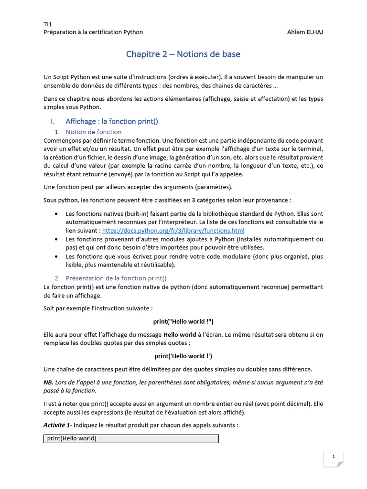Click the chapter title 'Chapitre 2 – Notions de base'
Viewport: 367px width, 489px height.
coord(183,54)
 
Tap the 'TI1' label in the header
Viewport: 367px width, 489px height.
coord(48,24)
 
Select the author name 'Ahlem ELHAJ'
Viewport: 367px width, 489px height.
coord(305,32)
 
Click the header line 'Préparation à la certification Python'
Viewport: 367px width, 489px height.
coord(93,32)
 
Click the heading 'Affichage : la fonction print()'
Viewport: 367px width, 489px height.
coord(112,121)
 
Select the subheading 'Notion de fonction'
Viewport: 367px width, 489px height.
coord(94,132)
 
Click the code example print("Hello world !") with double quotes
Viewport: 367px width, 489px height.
coord(183,322)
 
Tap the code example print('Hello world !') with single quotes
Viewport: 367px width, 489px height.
coord(183,356)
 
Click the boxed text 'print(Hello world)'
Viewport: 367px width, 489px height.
coord(72,438)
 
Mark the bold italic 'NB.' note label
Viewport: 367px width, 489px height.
coord(48,382)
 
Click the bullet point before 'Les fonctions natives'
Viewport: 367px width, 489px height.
coord(57,214)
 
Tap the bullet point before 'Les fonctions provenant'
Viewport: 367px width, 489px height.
coord(57,239)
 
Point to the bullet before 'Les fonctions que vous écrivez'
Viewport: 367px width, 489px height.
coord(57,256)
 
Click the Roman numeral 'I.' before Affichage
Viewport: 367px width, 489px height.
coord(54,121)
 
